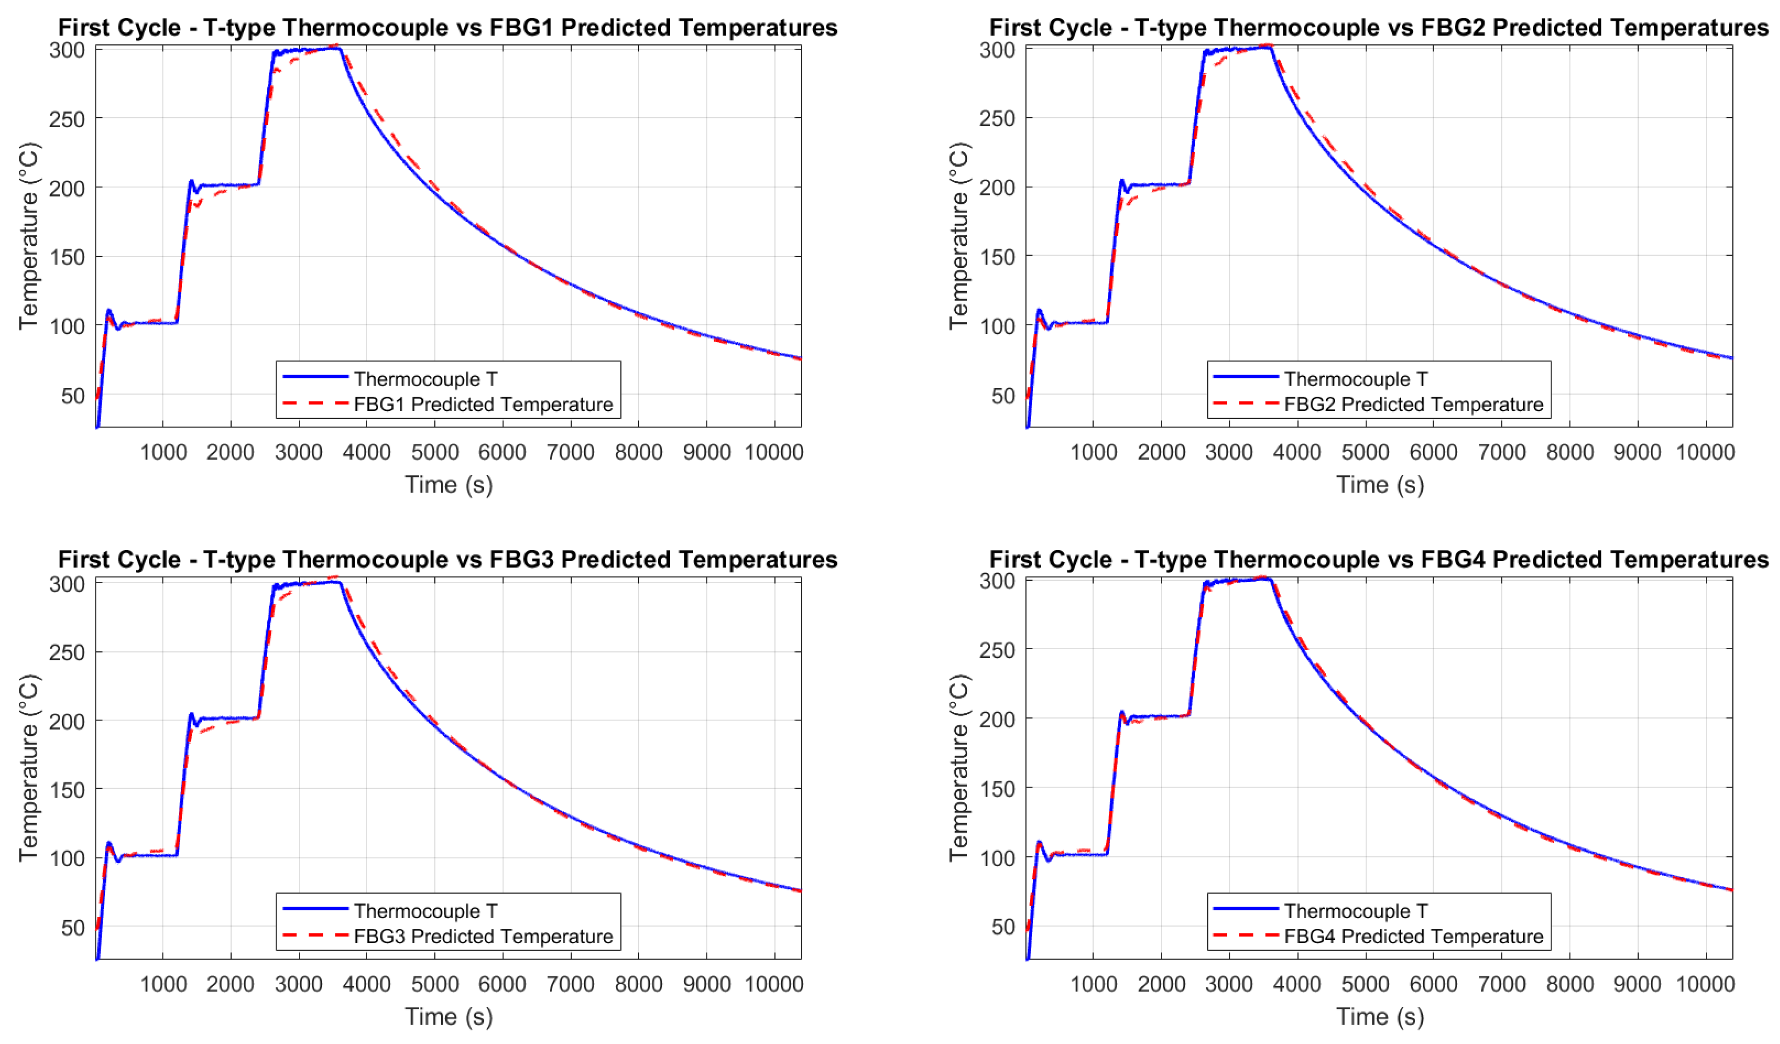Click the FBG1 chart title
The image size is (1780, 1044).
447,27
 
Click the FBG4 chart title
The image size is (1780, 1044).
1378,560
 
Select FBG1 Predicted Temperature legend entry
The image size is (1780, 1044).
483,404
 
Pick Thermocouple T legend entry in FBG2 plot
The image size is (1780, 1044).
1355,379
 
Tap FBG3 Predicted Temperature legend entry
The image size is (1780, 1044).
483,936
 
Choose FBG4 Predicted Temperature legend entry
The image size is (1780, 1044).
1413,936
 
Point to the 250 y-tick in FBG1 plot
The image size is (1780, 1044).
66,119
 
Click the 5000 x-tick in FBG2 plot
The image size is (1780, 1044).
1365,452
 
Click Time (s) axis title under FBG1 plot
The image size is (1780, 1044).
449,484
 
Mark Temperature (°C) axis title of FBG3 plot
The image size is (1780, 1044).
29,768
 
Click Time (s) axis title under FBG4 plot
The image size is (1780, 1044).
1380,1017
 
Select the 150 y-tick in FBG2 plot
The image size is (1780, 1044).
996,257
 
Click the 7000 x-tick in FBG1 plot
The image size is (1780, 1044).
570,452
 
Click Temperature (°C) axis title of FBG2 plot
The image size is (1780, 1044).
959,236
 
